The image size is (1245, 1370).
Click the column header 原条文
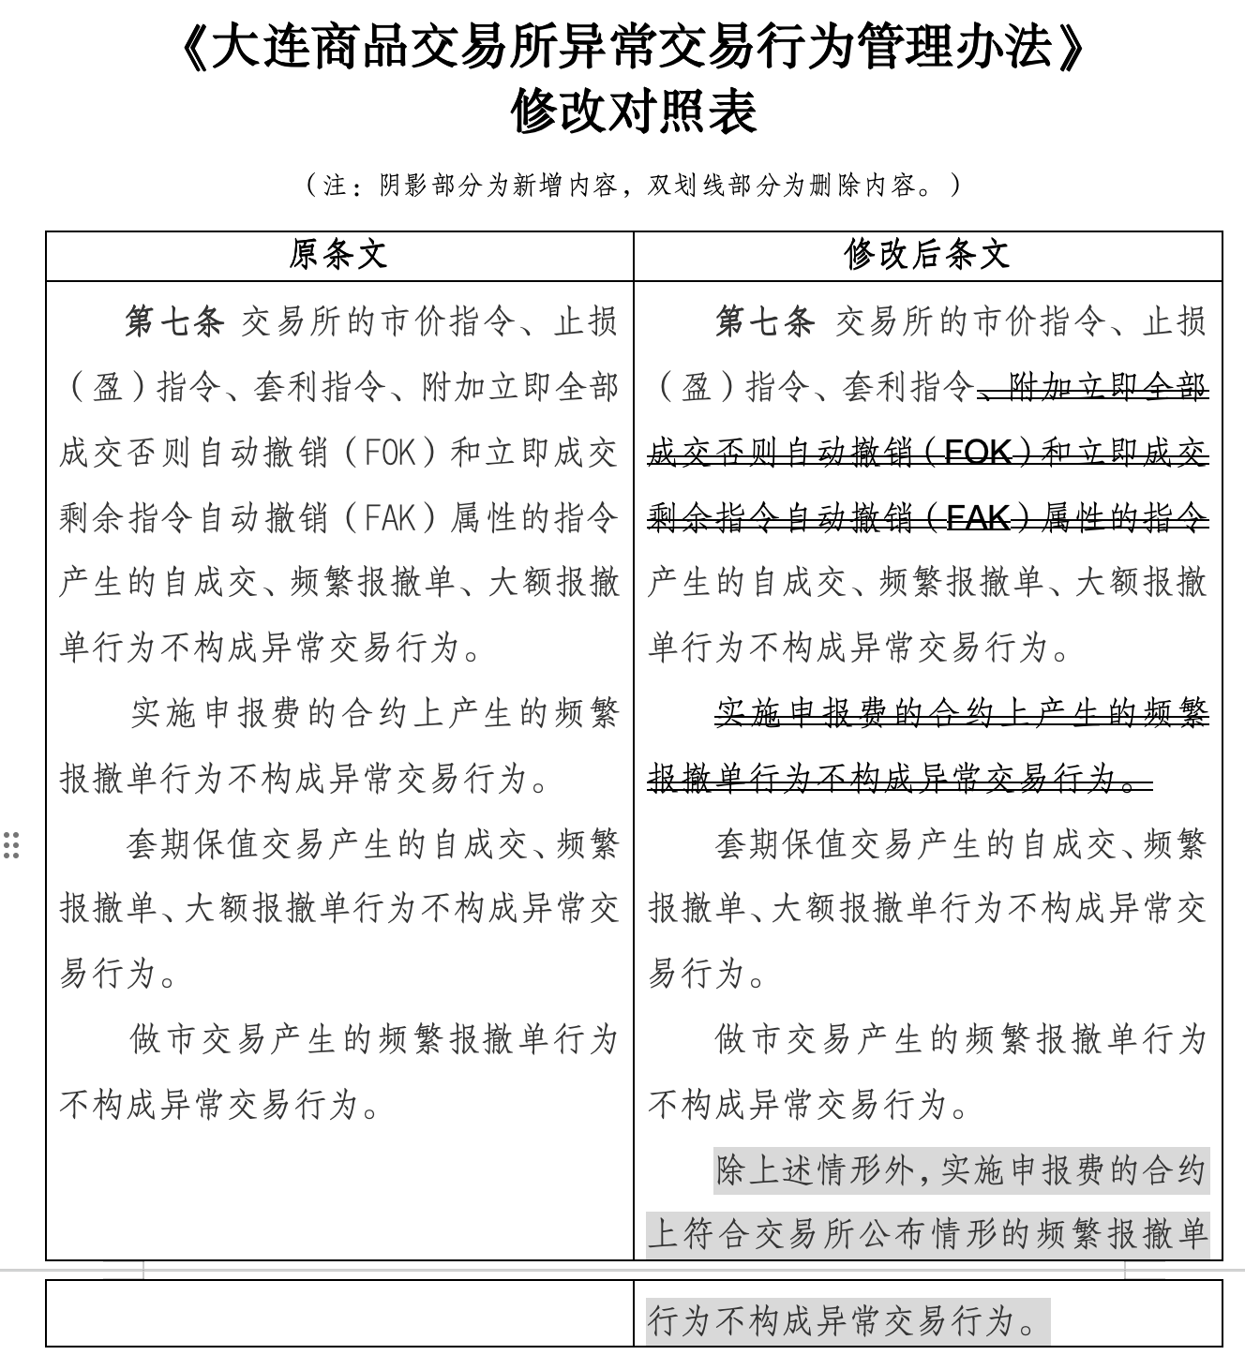click(x=338, y=255)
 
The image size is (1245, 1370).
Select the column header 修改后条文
click(x=926, y=255)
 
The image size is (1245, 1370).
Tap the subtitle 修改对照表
click(x=633, y=112)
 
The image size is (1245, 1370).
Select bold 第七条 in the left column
click(x=174, y=322)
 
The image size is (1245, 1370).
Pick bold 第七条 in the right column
click(x=764, y=322)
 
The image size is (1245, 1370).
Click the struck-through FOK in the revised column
click(x=978, y=453)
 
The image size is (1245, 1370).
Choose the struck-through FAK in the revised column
click(x=978, y=518)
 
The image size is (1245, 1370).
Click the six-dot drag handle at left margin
click(x=11, y=844)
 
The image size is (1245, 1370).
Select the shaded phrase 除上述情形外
click(x=814, y=1170)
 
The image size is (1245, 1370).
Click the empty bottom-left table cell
click(x=339, y=1313)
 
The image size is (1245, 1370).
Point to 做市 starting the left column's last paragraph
click(x=163, y=1040)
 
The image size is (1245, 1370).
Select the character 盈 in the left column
click(x=106, y=388)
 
